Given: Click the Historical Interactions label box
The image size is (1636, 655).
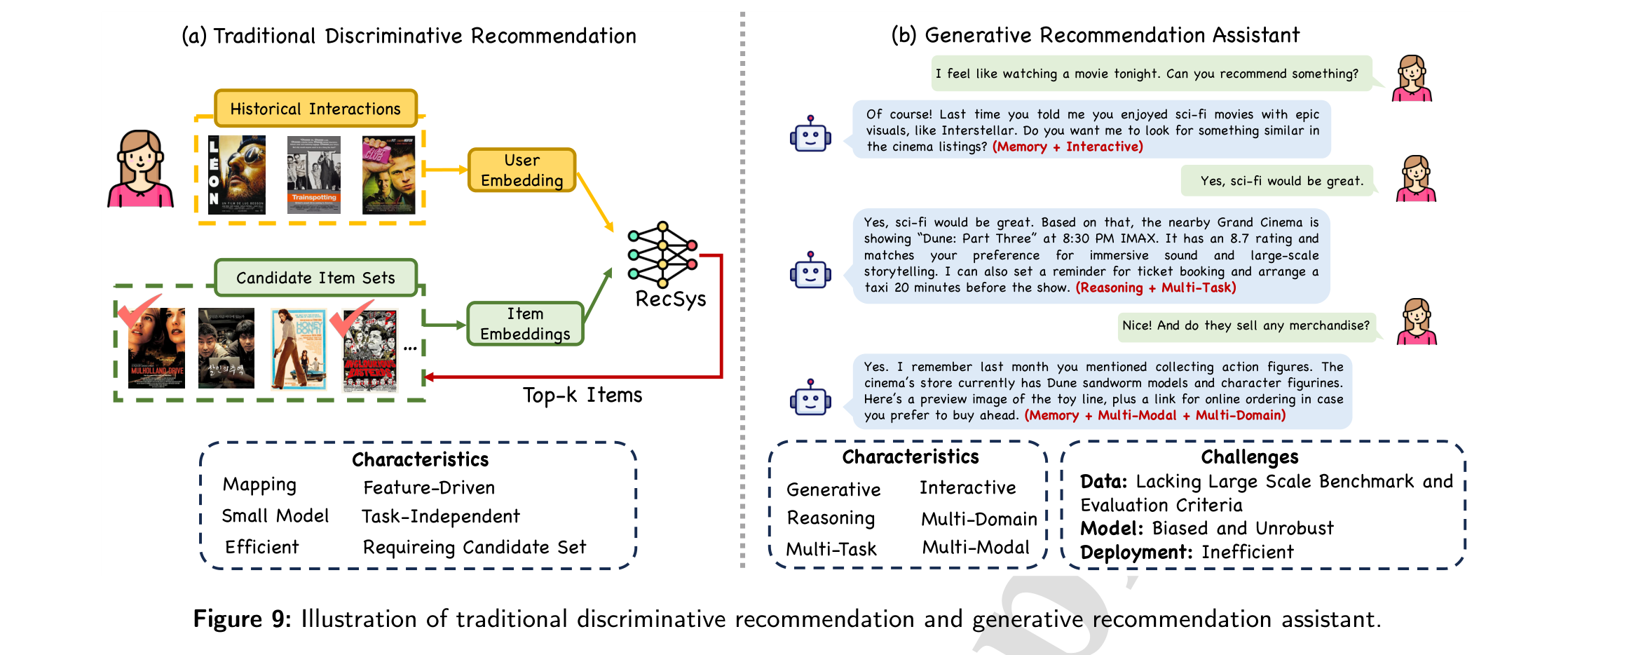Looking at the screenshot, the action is (x=315, y=108).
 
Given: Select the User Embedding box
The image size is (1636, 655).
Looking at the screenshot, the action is (x=522, y=170).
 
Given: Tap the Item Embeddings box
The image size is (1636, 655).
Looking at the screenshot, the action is (x=525, y=323).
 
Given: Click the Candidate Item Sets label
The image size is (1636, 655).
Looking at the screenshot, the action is (x=315, y=278).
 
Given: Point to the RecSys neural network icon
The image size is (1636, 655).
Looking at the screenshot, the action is (x=662, y=255).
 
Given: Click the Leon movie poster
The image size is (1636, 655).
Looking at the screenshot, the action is (x=237, y=175).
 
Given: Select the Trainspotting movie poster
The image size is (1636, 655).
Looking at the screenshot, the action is (x=314, y=175).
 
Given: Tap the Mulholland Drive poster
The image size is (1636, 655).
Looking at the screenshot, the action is (x=156, y=348).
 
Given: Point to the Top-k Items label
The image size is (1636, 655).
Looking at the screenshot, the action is (x=582, y=395).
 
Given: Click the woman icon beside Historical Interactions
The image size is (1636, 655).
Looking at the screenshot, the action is (x=140, y=169).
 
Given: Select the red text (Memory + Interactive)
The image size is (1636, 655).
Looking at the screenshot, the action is (x=1068, y=147).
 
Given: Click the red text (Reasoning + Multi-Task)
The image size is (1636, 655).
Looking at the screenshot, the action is (x=1156, y=288).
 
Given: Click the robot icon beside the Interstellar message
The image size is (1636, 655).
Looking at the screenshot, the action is (x=810, y=133).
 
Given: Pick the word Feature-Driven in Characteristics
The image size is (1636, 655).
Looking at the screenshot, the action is (x=429, y=487).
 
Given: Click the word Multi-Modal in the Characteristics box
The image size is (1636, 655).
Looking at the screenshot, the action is (x=976, y=547).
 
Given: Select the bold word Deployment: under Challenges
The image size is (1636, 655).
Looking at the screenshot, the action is (x=1136, y=552).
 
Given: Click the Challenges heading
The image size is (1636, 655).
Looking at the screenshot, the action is (x=1250, y=457).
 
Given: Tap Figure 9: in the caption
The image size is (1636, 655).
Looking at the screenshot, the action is (x=242, y=619).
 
